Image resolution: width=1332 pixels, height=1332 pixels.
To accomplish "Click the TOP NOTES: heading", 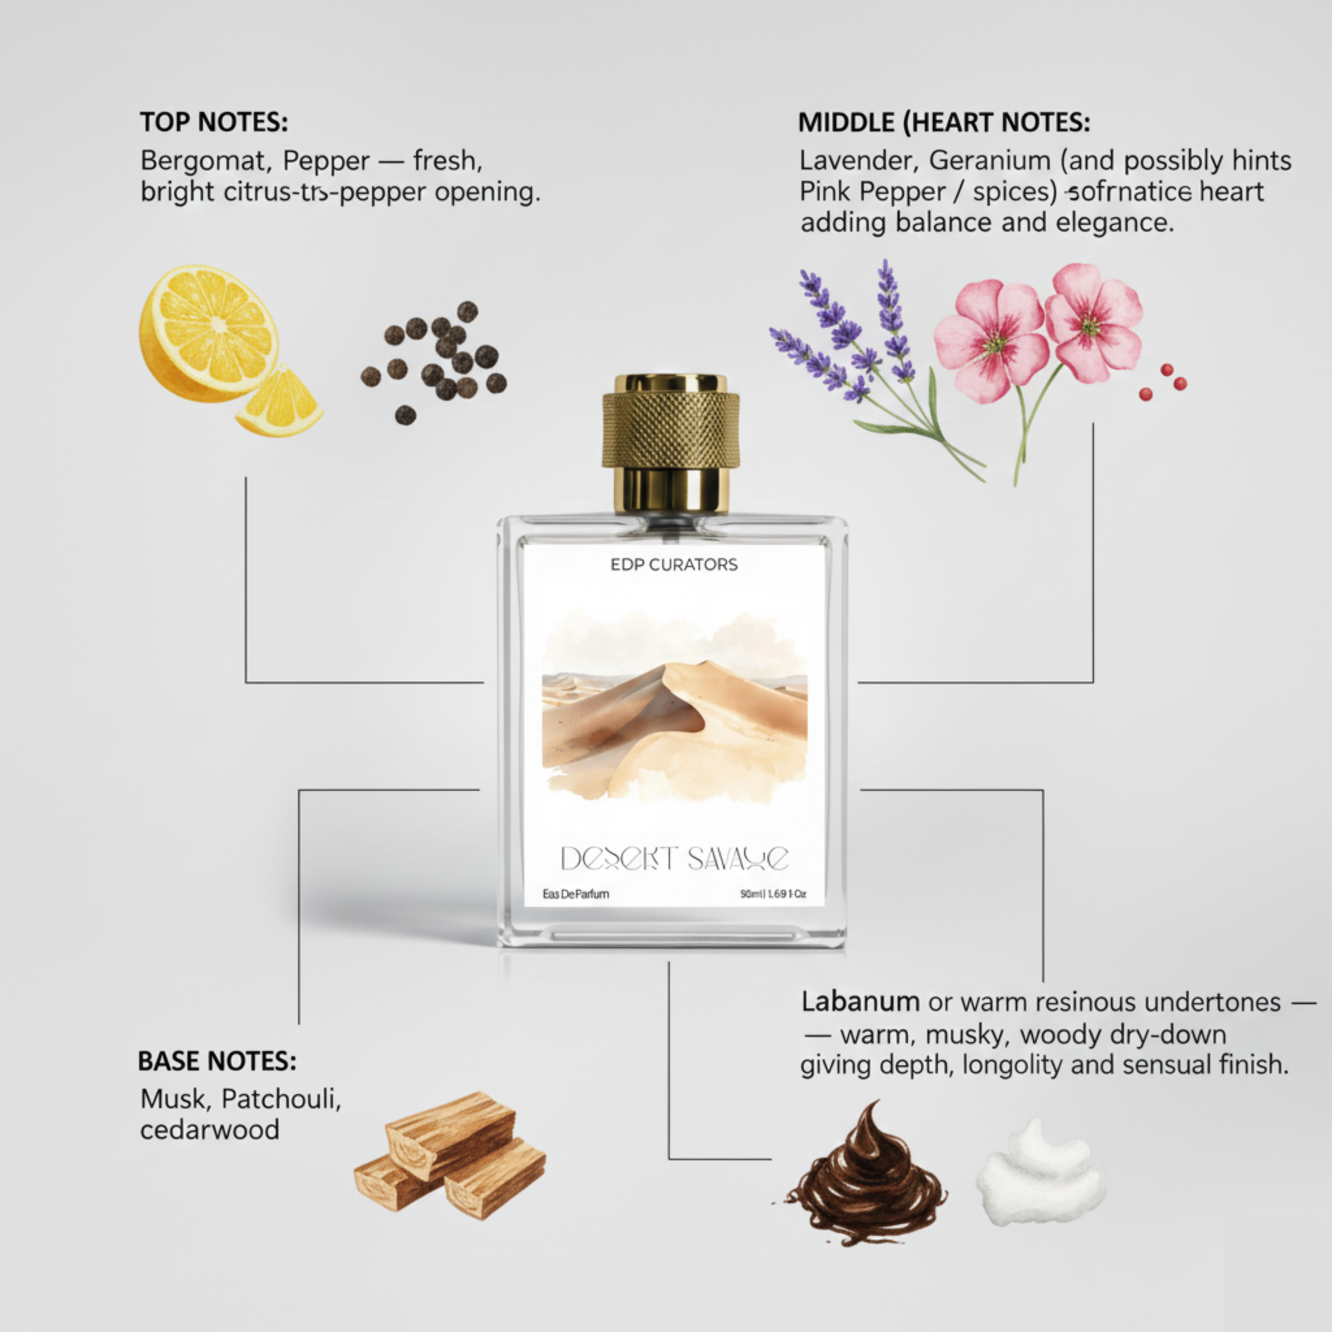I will pyautogui.click(x=214, y=123).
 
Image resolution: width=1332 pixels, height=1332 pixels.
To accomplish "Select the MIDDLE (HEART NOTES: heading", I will pyautogui.click(x=944, y=123).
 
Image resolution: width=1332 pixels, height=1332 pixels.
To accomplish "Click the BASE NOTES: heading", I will pyautogui.click(x=217, y=1061).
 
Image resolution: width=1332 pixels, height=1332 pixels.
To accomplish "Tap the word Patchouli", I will pyautogui.click(x=280, y=1099).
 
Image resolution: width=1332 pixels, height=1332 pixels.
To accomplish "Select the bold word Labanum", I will pyautogui.click(x=860, y=1002).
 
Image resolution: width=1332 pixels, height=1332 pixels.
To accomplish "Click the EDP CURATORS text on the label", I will pyautogui.click(x=674, y=565).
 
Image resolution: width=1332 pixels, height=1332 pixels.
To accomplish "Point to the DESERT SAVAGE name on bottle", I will pyautogui.click(x=674, y=859).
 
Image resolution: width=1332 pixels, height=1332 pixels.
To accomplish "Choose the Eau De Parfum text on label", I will pyautogui.click(x=576, y=895).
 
